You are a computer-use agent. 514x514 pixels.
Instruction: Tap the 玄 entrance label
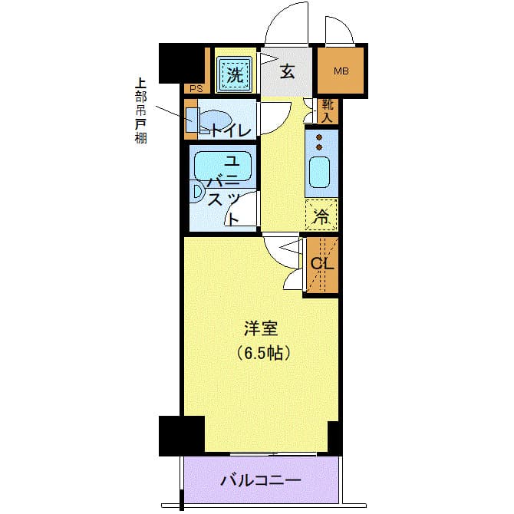tap(287, 73)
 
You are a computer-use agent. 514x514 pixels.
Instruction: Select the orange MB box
tap(341, 72)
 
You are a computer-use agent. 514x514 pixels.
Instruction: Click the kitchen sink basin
tap(320, 176)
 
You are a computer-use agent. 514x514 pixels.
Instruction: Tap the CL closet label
tap(321, 264)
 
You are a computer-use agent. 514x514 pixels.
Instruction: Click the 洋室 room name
tap(261, 329)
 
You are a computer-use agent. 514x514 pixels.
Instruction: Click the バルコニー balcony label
tap(261, 481)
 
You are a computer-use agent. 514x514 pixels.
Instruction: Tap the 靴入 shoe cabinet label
tap(327, 111)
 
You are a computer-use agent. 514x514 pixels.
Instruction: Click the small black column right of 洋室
tap(334, 437)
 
